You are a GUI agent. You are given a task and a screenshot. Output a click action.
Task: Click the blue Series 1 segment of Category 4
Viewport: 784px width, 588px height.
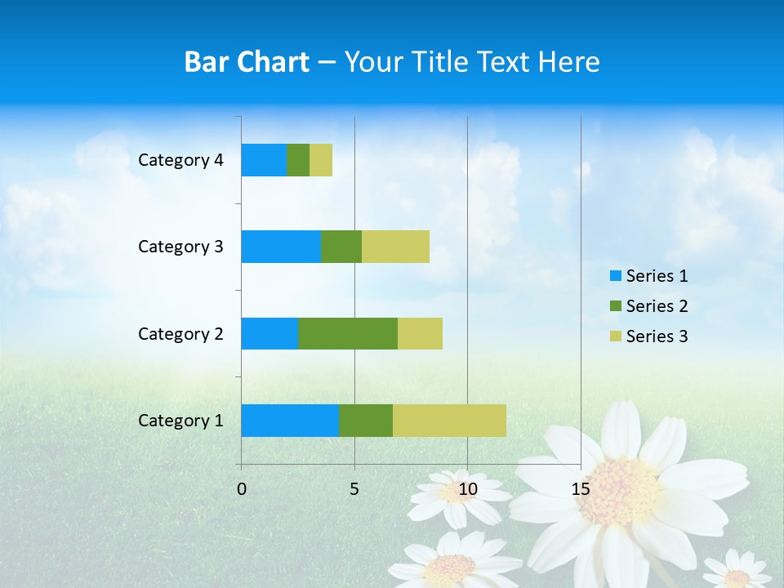coord(264,160)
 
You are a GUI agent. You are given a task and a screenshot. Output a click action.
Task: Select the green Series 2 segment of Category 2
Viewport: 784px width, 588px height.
coord(348,333)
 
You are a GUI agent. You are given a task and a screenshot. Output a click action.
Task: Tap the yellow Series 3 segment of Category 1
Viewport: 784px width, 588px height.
coord(449,421)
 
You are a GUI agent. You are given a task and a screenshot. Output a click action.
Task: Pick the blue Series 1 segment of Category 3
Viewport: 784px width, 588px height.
coord(281,247)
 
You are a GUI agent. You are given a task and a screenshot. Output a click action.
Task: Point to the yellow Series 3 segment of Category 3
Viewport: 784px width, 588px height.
coord(395,247)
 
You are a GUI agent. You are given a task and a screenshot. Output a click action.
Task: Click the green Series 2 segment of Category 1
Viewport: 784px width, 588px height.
coord(366,421)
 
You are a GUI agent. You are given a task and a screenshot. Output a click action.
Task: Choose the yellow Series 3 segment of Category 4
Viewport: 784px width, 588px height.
coord(321,160)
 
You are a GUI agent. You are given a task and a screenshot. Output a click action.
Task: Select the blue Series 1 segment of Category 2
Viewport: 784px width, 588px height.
coord(269,333)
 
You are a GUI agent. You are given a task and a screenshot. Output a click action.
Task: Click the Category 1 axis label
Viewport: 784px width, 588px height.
coord(180,421)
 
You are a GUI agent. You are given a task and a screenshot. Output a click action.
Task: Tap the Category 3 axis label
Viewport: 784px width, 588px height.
coord(180,247)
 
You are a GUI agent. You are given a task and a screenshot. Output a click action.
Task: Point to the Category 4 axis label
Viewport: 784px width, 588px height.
coord(180,160)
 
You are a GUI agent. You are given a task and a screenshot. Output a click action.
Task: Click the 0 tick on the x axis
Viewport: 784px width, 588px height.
coord(242,489)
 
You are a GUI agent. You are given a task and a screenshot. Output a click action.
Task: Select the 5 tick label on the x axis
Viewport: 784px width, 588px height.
coord(354,489)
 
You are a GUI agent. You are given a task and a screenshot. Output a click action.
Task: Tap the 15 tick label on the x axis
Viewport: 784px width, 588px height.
coord(581,489)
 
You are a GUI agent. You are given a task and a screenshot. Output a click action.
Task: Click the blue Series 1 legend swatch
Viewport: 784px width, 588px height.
coord(615,276)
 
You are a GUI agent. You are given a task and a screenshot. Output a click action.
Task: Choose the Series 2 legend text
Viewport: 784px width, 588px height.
coord(657,306)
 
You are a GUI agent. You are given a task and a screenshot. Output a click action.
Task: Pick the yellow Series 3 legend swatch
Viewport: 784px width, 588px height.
coord(615,336)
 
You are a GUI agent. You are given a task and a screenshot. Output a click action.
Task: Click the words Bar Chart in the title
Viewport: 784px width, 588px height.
coord(247,62)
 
